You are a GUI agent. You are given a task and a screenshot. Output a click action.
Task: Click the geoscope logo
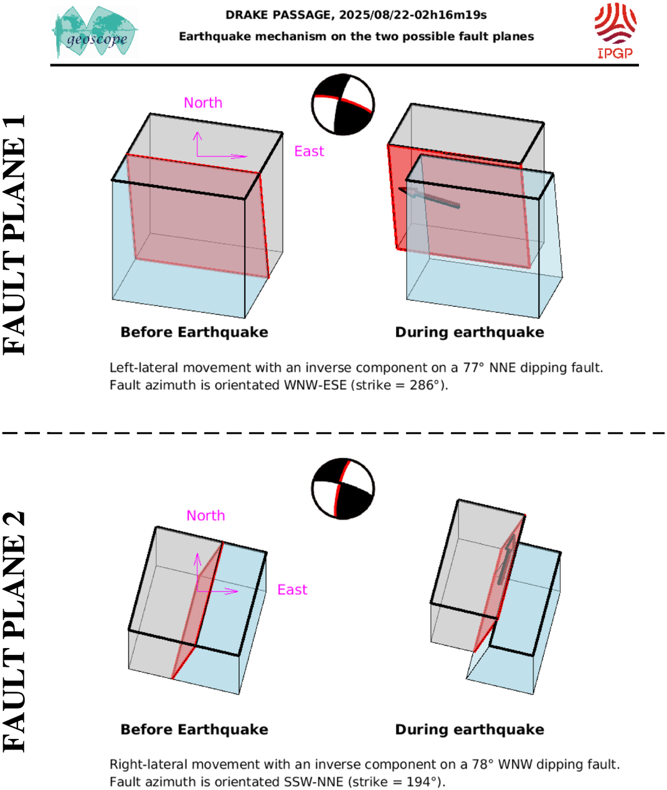[95, 32]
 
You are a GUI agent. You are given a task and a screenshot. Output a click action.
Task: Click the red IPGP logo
[615, 31]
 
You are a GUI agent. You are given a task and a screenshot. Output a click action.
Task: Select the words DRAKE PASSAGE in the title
[278, 15]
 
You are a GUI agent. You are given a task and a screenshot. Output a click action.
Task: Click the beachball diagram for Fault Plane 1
[343, 105]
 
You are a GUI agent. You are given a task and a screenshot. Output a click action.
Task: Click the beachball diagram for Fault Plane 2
[343, 489]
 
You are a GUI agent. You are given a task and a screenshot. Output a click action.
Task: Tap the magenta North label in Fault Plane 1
[203, 103]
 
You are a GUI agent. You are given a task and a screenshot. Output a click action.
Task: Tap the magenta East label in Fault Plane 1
[310, 151]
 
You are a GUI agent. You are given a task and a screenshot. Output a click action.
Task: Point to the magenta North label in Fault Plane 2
[206, 515]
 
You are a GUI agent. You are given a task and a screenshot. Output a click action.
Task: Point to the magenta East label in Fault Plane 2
[292, 590]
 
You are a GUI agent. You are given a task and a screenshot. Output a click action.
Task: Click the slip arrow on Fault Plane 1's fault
[429, 197]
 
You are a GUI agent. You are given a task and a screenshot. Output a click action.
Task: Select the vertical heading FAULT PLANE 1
[14, 235]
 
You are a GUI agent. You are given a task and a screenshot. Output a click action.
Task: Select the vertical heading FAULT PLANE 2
[14, 632]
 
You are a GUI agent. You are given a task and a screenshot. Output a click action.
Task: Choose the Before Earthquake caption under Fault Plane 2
[194, 729]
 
